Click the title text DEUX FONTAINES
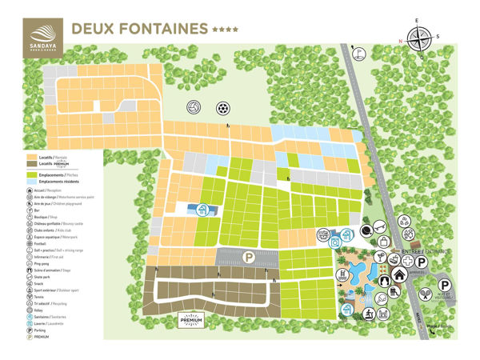coord(140,29)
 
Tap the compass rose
coord(419,37)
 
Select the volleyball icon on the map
coord(193,107)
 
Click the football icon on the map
coord(222,107)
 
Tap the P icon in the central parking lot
coord(248,258)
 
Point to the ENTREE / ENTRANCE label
coord(426,251)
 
